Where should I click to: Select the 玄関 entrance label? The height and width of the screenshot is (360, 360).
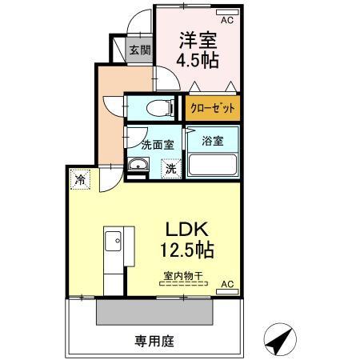point(139,50)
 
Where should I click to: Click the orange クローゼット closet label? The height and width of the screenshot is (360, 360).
point(212,106)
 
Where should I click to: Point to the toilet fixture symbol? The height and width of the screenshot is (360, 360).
point(157,106)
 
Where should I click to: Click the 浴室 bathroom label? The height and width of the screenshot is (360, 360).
point(213,140)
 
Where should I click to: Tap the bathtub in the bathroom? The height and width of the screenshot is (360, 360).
point(213,166)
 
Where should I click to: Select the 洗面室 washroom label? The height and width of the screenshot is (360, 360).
point(158,146)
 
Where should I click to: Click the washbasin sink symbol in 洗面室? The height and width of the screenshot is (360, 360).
point(138,166)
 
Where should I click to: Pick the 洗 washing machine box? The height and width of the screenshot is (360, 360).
point(170,169)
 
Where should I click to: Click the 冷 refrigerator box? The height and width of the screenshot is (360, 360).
point(80,179)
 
